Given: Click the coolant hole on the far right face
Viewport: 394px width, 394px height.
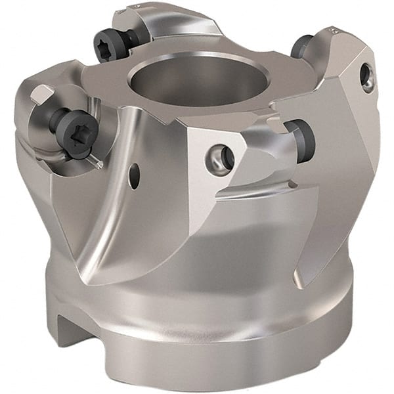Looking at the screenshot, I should tap(366, 77).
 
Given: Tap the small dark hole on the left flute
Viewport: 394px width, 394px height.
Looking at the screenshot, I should tap(134, 175).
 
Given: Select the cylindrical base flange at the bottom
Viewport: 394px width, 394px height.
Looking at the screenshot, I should tap(217, 341).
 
